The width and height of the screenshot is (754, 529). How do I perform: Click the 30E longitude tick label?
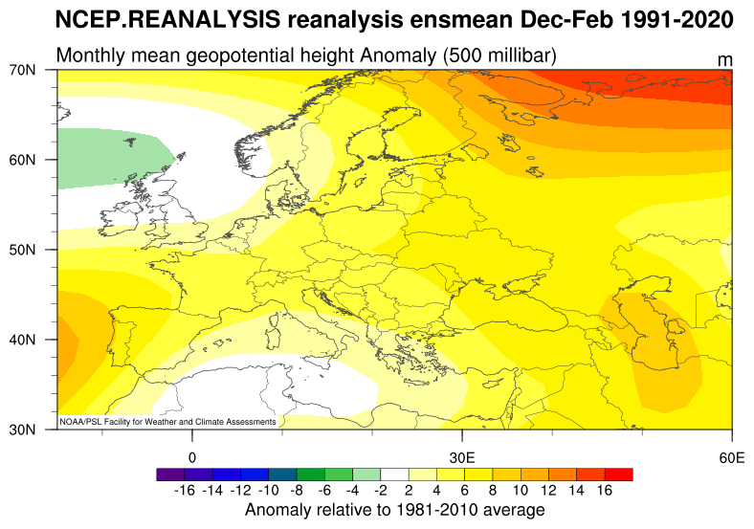click(x=462, y=455)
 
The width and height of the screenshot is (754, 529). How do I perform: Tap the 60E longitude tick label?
click(x=732, y=455)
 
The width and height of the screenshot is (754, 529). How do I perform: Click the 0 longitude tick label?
click(x=192, y=455)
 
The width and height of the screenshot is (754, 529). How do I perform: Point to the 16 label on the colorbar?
click(x=604, y=491)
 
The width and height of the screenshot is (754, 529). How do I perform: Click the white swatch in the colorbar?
click(x=394, y=474)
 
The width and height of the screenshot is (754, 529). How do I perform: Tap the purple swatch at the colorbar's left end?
click(x=169, y=474)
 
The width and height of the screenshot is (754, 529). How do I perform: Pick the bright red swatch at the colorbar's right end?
click(x=619, y=474)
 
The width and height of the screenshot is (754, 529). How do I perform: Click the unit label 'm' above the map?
click(x=725, y=60)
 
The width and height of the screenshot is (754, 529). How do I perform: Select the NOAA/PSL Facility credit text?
click(x=168, y=421)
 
